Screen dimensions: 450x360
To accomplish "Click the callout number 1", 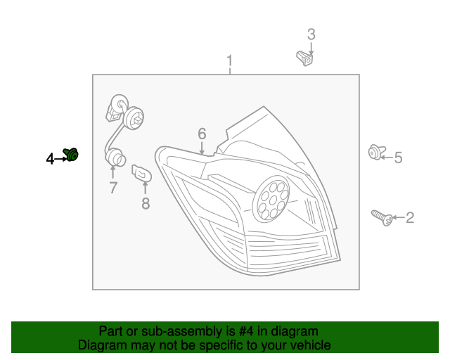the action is tap(229, 61).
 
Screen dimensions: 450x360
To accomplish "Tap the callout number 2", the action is tap(410, 217).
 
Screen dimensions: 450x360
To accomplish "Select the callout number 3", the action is tap(311, 34).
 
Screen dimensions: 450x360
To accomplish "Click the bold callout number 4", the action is tap(50, 159).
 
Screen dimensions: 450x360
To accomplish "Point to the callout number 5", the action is tap(398, 157).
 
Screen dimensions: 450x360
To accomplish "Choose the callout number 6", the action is tap(202, 134).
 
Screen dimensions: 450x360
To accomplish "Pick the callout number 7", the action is tap(113, 188).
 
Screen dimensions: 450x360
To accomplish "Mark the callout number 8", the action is tap(146, 203).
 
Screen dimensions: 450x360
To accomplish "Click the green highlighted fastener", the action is tap(71, 155).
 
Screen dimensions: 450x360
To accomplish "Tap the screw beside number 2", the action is tap(382, 217).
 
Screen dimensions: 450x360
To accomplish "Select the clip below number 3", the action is tap(304, 58).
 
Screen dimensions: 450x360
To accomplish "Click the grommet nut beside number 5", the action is tap(377, 152).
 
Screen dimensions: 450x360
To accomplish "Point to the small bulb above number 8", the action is tap(141, 173).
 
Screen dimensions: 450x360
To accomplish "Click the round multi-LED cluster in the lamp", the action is tap(271, 199).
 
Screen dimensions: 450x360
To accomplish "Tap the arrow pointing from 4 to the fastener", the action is tap(60, 159).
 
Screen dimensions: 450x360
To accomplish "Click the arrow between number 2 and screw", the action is tap(399, 217).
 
